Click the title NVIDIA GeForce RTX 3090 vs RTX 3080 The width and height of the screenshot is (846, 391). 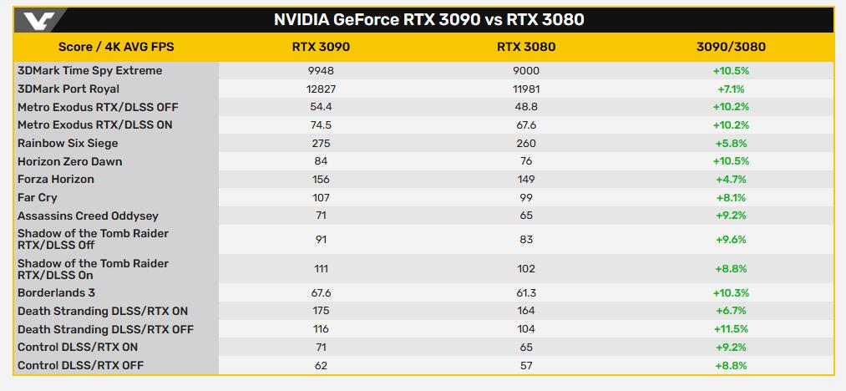tap(428, 19)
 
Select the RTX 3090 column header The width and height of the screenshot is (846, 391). tap(322, 47)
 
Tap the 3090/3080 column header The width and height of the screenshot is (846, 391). tap(730, 47)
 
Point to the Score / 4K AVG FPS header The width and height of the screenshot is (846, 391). tap(116, 47)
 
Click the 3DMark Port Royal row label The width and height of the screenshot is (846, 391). tap(68, 89)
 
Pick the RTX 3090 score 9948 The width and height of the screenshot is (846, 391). tap(322, 71)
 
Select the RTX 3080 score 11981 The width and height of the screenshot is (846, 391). tap(526, 89)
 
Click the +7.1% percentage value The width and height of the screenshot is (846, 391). tap(730, 89)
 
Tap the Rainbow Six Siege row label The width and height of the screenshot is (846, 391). tap(68, 143)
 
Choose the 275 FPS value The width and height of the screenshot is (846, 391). tap(322, 143)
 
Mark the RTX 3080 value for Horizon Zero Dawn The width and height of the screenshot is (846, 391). tap(526, 161)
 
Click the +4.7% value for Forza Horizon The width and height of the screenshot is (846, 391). tap(730, 179)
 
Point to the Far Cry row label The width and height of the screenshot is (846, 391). tap(38, 197)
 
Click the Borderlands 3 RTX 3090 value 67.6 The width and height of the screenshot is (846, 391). tap(322, 292)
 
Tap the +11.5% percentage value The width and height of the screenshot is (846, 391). tap(730, 329)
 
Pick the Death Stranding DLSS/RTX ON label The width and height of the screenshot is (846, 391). tap(103, 311)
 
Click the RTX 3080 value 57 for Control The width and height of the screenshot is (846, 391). tap(526, 365)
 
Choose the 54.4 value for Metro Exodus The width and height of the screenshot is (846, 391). tap(322, 107)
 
